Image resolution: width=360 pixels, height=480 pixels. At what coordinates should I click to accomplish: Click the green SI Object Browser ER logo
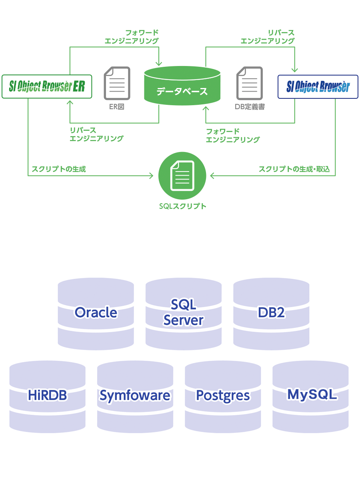(47, 86)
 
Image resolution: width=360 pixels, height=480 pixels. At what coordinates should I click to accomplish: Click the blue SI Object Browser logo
(318, 86)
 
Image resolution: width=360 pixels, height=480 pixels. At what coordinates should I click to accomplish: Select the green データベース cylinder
(182, 86)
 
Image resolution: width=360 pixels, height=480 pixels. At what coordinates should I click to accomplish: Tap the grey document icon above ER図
(117, 83)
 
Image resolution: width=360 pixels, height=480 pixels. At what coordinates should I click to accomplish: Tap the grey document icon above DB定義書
(250, 83)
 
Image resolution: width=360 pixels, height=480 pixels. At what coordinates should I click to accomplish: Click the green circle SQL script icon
(182, 176)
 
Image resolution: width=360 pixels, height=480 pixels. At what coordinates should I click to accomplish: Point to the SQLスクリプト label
(182, 206)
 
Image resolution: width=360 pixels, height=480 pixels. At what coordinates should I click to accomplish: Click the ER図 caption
(117, 107)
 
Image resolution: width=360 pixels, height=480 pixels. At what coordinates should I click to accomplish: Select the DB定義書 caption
(250, 107)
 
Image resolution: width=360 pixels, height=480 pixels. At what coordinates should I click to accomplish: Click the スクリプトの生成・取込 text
(294, 169)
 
